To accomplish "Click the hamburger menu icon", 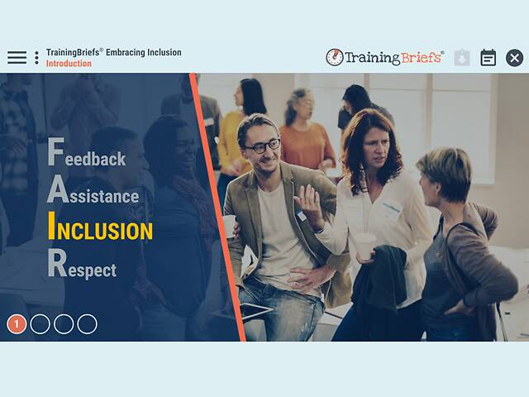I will click(17, 58).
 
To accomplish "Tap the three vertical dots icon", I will click(36, 58).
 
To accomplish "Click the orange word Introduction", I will click(69, 64).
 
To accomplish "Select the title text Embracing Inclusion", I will click(143, 52).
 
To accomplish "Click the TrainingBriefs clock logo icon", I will click(335, 57).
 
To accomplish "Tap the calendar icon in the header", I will click(488, 57).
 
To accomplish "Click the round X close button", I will click(514, 57).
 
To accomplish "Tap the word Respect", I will click(82, 267).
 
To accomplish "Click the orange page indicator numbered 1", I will click(17, 324).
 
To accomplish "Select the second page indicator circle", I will click(40, 324).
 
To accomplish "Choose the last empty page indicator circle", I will click(87, 324).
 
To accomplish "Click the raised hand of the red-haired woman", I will click(307, 205).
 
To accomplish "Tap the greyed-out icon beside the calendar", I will click(462, 57).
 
